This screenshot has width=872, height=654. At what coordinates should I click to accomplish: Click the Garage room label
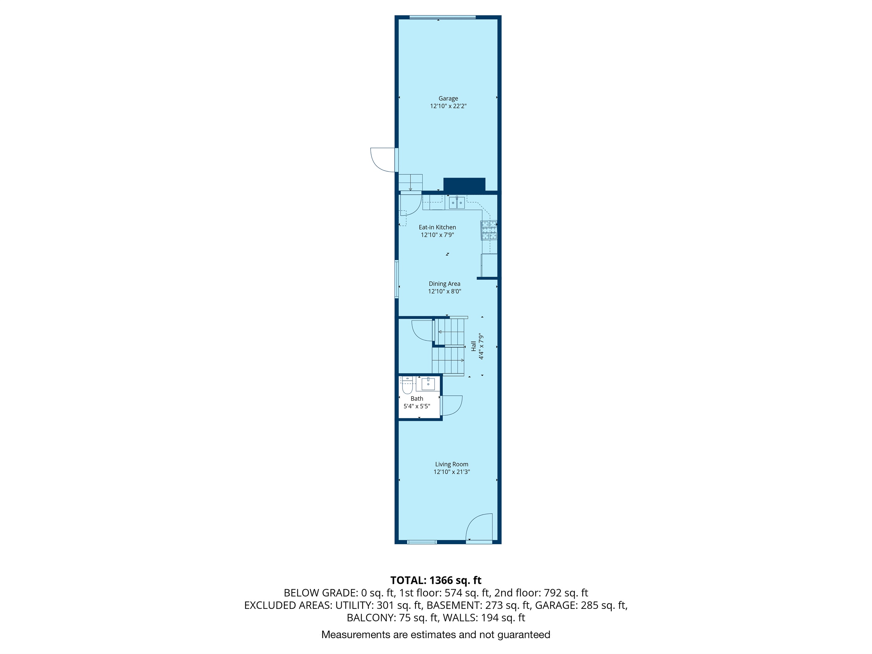[448, 99]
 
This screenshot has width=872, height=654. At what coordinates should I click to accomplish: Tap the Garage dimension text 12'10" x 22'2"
[448, 106]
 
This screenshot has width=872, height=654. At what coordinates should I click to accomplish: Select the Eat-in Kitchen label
[437, 227]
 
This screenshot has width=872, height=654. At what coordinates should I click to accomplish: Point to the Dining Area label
[444, 284]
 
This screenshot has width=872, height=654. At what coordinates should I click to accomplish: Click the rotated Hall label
[473, 346]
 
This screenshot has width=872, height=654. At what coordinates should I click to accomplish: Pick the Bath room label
[417, 399]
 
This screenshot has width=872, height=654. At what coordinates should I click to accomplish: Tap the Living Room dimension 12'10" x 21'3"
[452, 472]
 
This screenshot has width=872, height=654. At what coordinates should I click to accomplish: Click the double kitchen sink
[457, 203]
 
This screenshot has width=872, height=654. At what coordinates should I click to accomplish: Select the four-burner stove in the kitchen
[489, 230]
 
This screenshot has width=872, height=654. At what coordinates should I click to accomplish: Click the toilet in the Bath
[407, 386]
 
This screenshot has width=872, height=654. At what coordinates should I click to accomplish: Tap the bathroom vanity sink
[428, 383]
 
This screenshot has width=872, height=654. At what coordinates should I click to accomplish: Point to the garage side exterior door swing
[383, 159]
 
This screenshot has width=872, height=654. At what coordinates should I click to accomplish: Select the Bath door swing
[451, 405]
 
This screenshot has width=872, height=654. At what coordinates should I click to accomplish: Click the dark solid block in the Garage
[464, 185]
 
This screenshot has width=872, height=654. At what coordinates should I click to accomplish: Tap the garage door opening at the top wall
[442, 17]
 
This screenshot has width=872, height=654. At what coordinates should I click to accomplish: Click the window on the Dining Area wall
[397, 279]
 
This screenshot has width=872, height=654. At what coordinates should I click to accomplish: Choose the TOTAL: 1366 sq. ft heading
[436, 580]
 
